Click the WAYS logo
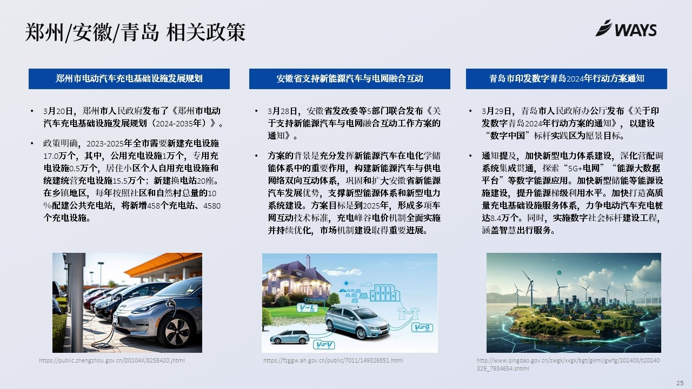point(626,29)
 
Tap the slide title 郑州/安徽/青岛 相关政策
point(135,32)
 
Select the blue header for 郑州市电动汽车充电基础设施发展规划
point(129,79)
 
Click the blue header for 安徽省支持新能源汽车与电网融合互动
point(350,79)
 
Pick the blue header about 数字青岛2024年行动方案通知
point(567,79)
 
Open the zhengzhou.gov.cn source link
point(112,360)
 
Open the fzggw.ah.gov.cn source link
point(333,360)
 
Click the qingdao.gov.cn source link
point(568,364)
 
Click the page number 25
point(680,383)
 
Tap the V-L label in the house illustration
point(307,307)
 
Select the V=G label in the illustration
point(422,327)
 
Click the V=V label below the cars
point(324,345)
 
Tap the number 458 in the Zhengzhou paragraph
point(154,206)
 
